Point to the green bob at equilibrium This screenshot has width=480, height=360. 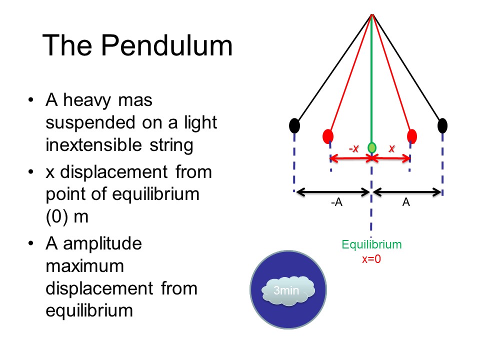pos(372,147)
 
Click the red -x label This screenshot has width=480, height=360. pos(353,148)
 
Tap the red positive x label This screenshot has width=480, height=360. pos(391,148)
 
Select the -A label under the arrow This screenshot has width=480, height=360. pos(336,203)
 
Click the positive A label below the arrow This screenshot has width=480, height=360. pos(406,203)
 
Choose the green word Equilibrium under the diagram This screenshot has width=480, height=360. pos(371,245)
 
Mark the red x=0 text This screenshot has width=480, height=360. pos(371,259)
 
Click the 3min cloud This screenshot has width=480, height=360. pos(287,289)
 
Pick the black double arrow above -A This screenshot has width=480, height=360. pos(332,191)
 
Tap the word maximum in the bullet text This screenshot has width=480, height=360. pos(84,266)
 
